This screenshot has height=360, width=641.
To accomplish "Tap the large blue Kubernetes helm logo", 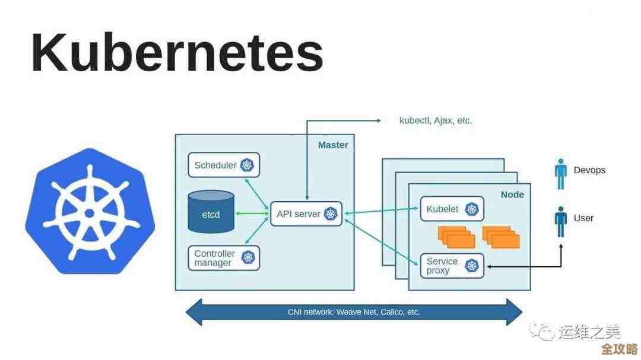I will coord(90,211).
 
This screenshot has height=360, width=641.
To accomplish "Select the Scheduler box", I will coord(224,165).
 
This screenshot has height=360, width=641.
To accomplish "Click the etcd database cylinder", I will coord(210,212).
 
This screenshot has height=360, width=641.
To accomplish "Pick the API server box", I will coord(306,214).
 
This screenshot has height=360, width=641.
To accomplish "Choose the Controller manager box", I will coord(224,258).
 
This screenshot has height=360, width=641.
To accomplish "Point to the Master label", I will coord(333,145).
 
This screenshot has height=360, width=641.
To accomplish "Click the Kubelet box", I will coord(452,209).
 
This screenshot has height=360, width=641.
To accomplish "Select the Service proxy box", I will coord(452,266).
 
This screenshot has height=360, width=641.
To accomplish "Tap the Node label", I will coord(512,195).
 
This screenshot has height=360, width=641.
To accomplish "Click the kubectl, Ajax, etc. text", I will coord(436,120).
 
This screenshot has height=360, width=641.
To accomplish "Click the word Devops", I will coord(589,170).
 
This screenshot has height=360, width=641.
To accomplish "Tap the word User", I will coord(583,218).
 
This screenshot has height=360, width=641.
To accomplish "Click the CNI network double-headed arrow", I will coord(354,312).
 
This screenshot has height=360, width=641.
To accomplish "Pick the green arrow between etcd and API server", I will coord(251,213).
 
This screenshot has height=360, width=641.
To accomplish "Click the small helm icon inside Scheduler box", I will coord(247,165).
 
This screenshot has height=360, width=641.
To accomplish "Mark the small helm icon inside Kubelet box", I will coord(472,209).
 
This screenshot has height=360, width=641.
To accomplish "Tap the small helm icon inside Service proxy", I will coord(472,266).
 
